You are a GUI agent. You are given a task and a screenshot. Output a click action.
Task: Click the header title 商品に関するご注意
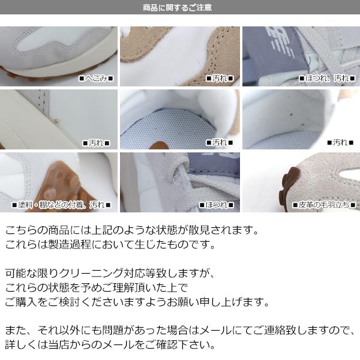(x=177, y=8)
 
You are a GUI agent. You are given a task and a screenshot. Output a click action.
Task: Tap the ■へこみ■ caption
(x=96, y=79)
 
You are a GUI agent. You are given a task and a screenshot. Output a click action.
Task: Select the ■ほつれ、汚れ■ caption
(x=327, y=79)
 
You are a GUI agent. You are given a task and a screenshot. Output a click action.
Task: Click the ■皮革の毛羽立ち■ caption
(x=324, y=205)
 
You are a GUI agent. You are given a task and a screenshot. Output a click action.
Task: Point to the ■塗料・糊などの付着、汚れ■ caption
(x=61, y=205)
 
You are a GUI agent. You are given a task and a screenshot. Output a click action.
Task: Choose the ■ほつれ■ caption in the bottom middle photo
(x=217, y=205)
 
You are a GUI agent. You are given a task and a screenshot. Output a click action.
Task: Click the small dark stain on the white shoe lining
(x=292, y=114)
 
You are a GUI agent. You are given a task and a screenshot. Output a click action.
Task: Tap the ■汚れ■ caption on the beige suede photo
(x=220, y=79)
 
